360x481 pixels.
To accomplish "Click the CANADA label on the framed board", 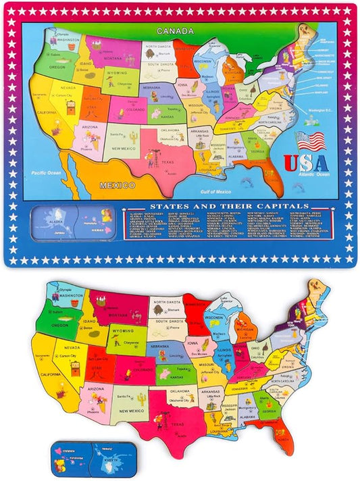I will click(175, 31).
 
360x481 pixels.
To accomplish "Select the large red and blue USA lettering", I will click(305, 163).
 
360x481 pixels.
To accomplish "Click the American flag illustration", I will click(310, 141).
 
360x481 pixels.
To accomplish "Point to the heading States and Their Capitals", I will click(230, 205).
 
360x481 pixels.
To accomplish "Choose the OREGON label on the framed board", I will click(56, 66).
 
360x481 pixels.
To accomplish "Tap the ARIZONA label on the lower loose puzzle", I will click(95, 390).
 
